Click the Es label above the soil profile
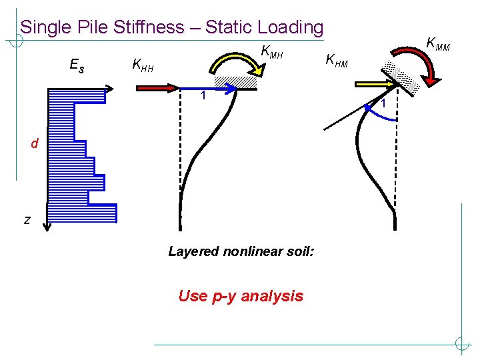(x=77, y=65)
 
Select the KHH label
(x=143, y=65)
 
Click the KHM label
(x=337, y=61)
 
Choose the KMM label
(x=438, y=45)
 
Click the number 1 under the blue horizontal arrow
(x=204, y=97)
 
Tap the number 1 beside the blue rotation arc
(x=384, y=103)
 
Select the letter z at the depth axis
(x=27, y=219)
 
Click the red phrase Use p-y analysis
(x=241, y=296)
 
